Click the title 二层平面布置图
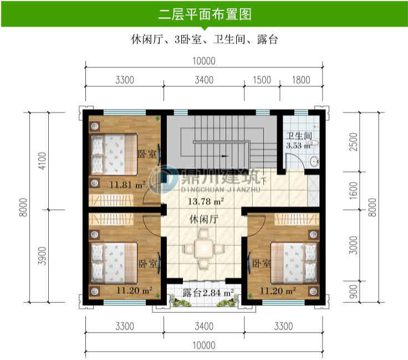pyautogui.click(x=204, y=14)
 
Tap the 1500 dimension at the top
pyautogui.click(x=262, y=80)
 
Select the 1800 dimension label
pyautogui.click(x=300, y=80)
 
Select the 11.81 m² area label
pyautogui.click(x=127, y=185)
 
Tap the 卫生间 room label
pyautogui.click(x=298, y=136)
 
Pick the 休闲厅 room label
pyautogui.click(x=203, y=220)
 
